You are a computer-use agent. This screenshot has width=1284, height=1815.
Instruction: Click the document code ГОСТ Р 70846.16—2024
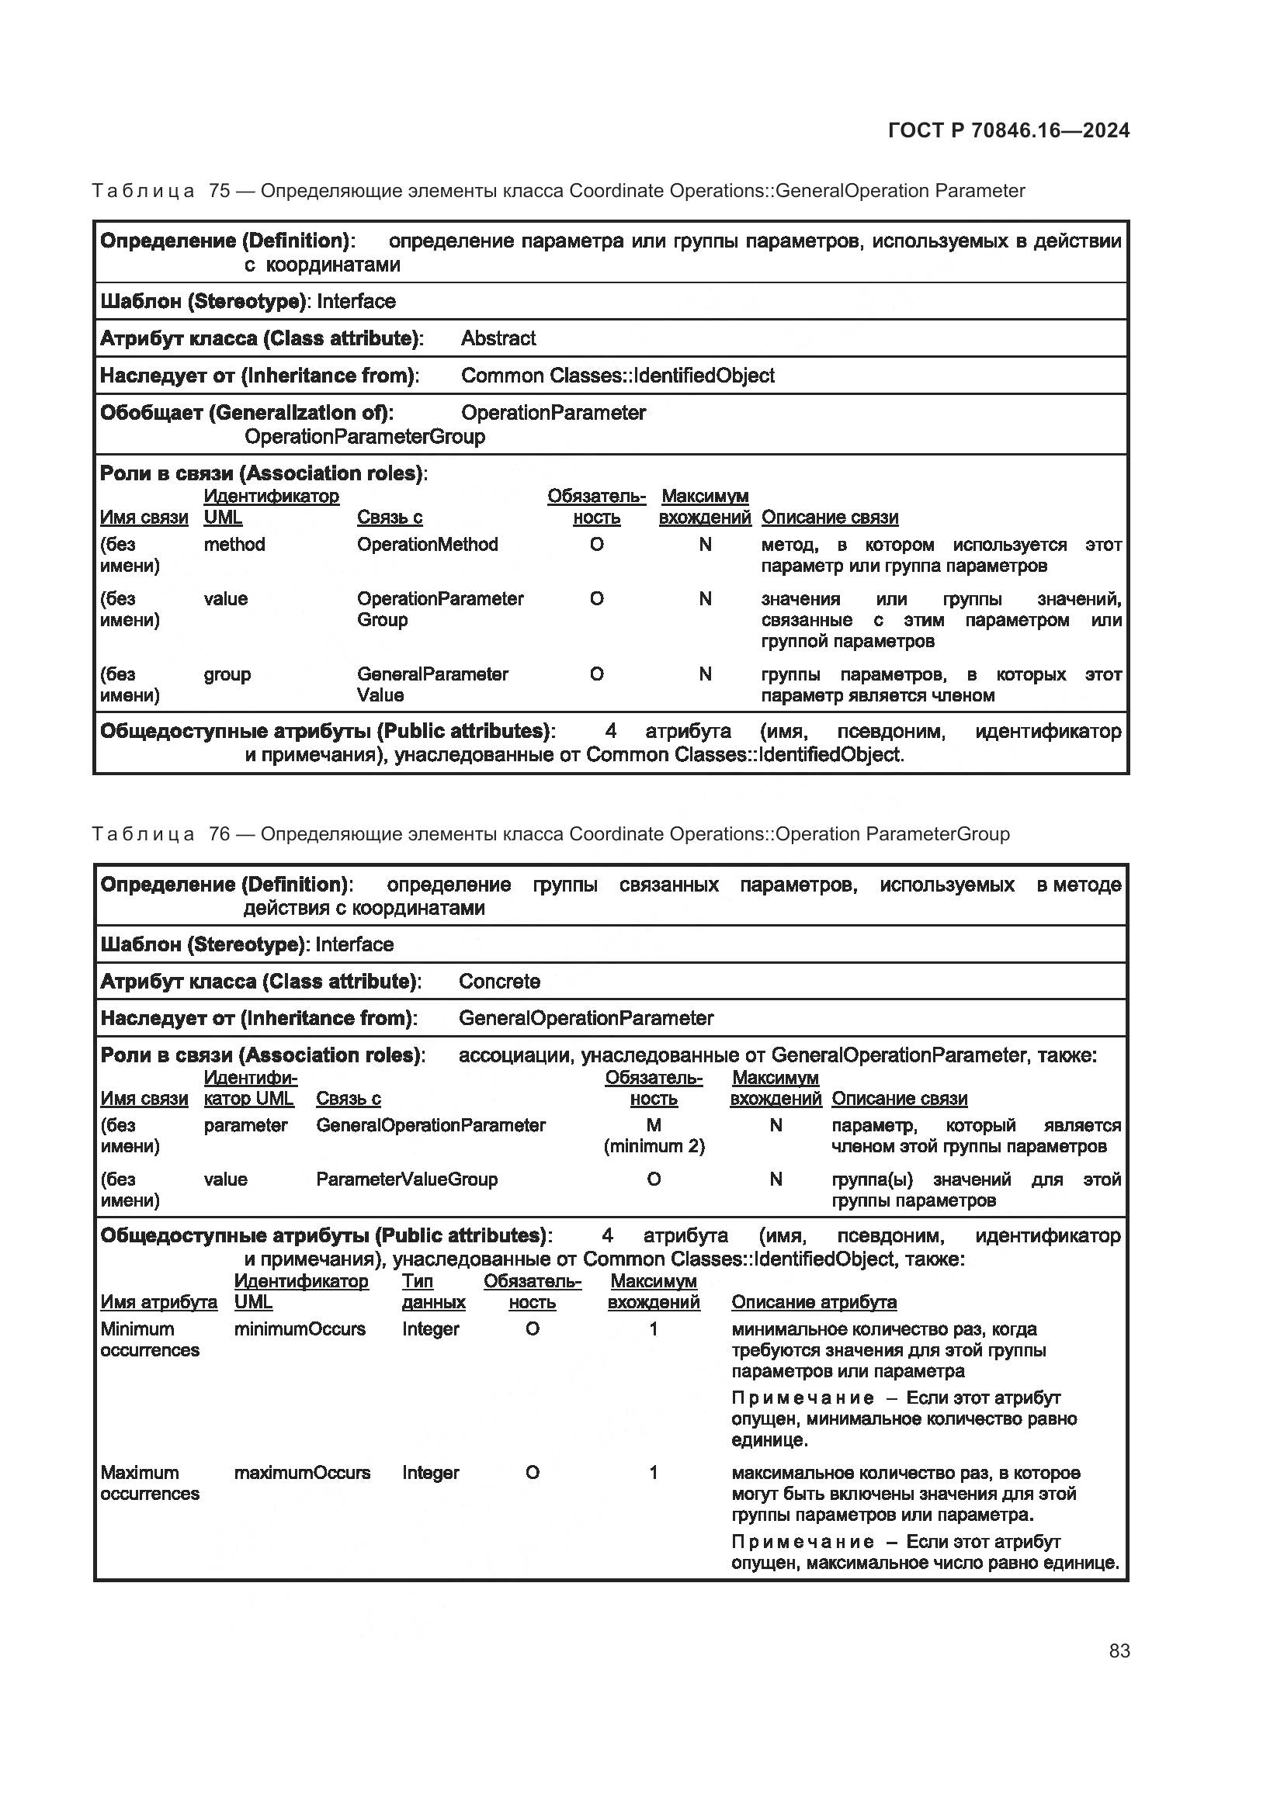pyautogui.click(x=1009, y=130)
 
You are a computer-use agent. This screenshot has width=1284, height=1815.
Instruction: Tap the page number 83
pyautogui.click(x=1119, y=1650)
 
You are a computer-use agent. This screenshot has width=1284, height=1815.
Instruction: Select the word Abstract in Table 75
pyautogui.click(x=498, y=338)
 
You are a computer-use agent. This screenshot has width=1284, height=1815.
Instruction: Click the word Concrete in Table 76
pyautogui.click(x=499, y=981)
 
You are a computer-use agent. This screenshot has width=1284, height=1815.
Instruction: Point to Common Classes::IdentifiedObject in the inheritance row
pyautogui.click(x=617, y=376)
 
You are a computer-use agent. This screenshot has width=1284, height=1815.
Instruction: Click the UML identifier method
pyautogui.click(x=234, y=545)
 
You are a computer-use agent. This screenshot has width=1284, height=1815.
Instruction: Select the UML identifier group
pyautogui.click(x=227, y=674)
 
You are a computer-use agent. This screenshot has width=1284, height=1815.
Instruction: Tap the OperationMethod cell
pyautogui.click(x=427, y=545)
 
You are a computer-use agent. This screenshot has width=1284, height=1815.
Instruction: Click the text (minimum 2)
pyautogui.click(x=654, y=1146)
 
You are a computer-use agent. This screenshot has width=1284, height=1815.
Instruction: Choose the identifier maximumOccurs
pyautogui.click(x=302, y=1473)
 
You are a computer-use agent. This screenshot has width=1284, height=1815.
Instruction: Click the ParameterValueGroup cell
pyautogui.click(x=406, y=1179)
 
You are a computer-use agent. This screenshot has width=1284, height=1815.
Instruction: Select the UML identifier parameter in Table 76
pyautogui.click(x=245, y=1125)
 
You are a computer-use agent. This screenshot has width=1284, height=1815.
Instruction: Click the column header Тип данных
pyautogui.click(x=432, y=1292)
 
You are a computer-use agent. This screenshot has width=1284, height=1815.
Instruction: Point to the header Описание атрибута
pyautogui.click(x=814, y=1302)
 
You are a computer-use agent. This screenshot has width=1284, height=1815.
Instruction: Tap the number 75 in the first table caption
pyautogui.click(x=219, y=191)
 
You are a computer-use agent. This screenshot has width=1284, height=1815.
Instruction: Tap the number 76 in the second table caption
pyautogui.click(x=219, y=834)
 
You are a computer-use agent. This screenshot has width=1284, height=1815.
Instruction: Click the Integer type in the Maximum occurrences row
pyautogui.click(x=430, y=1473)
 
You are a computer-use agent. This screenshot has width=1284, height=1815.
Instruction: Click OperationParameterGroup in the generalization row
pyautogui.click(x=365, y=436)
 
